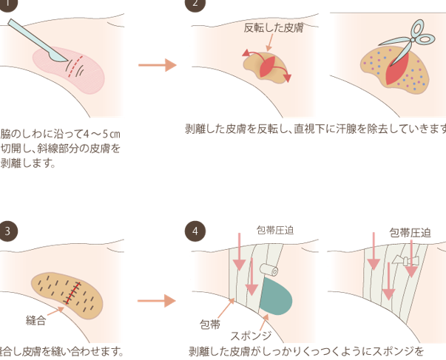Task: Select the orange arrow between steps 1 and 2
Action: coord(157,65)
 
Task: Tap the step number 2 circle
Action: coord(195,5)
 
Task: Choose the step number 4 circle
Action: coord(195,231)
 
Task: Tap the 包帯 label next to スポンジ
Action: coord(210,324)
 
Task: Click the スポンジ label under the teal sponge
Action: coord(251,333)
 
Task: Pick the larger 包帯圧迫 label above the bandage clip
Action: coord(410,233)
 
